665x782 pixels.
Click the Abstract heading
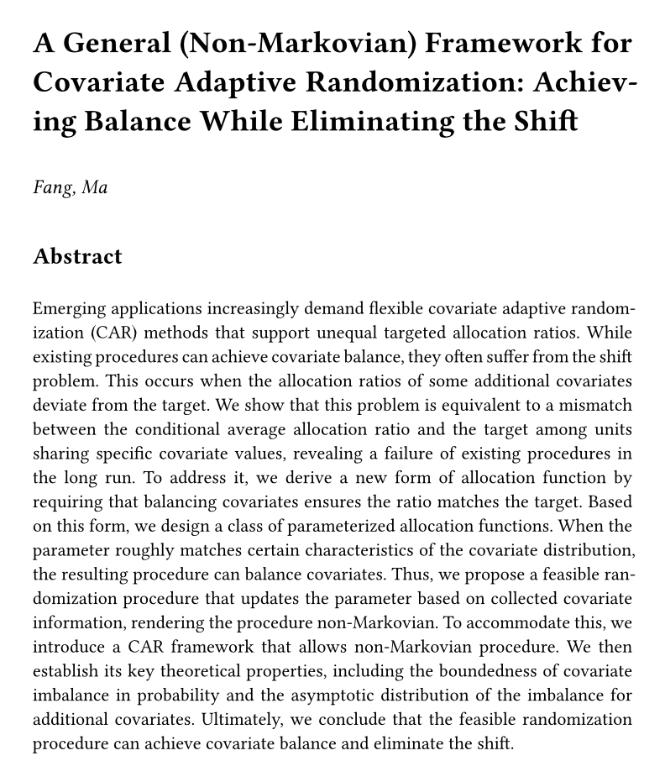tap(77, 256)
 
